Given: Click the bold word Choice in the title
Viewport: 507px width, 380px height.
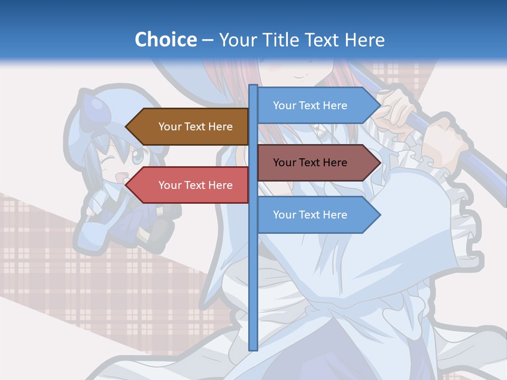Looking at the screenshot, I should click(165, 40).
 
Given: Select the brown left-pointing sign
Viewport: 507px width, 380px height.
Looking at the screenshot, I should click(190, 127).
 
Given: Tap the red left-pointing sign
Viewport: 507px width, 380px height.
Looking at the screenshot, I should click(190, 185).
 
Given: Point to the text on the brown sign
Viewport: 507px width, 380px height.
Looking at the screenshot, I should click(195, 127).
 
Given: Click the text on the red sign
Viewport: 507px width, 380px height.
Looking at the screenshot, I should click(195, 185).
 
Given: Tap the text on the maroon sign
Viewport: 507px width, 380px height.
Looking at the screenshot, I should click(310, 163).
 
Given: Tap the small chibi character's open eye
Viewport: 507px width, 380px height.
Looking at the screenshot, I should click(137, 157).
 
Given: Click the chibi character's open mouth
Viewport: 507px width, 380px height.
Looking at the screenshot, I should click(120, 177).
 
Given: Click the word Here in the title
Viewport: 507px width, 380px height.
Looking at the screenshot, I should click(364, 40).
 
